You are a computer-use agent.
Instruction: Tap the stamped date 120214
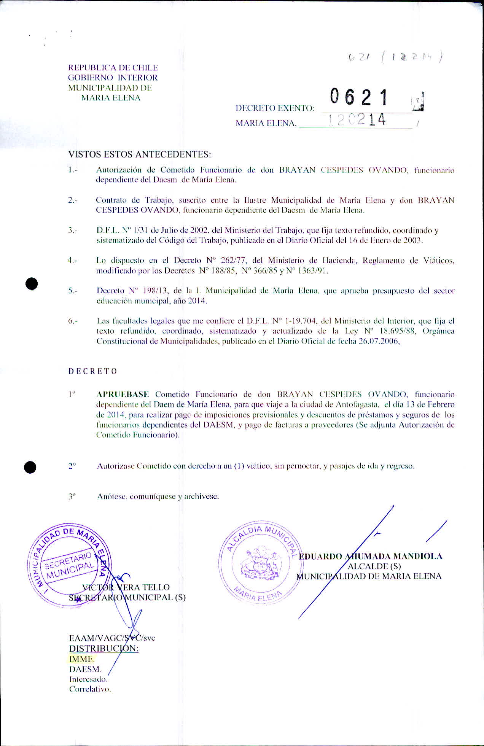(x=357, y=120)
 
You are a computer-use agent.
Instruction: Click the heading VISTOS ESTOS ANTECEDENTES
(x=139, y=154)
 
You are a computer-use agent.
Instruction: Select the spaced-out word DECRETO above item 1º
(x=92, y=371)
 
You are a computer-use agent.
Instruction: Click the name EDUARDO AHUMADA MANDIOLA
(x=370, y=556)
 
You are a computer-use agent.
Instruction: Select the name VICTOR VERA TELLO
(x=126, y=587)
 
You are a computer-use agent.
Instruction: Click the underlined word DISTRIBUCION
(x=103, y=648)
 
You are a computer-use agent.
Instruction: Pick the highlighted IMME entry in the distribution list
(x=81, y=659)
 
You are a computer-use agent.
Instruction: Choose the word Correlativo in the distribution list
(x=90, y=689)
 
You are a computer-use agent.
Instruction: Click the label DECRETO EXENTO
(x=275, y=108)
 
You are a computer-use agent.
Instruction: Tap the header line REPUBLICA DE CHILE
(x=113, y=68)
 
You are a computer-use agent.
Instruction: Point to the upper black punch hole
(x=32, y=284)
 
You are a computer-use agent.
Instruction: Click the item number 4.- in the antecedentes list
(x=72, y=261)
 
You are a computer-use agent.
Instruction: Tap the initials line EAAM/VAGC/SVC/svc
(x=112, y=638)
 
